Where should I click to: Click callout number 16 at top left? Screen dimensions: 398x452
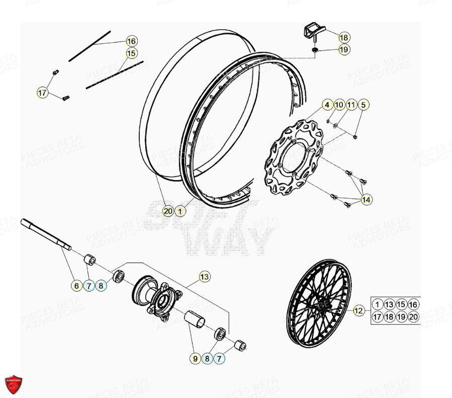[131, 41]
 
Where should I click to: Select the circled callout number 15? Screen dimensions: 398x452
[131, 53]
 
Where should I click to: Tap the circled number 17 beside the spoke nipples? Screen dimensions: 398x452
[43, 93]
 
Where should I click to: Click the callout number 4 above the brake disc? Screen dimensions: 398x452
[327, 105]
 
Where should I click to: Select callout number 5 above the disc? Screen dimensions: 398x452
[363, 105]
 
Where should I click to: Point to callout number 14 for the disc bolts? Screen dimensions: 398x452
[367, 200]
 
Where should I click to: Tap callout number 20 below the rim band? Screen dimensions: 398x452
[168, 211]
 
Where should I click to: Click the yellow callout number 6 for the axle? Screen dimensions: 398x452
[76, 286]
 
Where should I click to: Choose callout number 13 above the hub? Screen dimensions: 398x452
[204, 276]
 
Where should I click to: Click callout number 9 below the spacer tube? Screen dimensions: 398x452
[195, 359]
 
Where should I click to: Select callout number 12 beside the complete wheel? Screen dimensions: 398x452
[358, 311]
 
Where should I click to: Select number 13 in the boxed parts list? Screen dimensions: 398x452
[389, 304]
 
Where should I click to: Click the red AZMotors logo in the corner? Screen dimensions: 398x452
[14, 384]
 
